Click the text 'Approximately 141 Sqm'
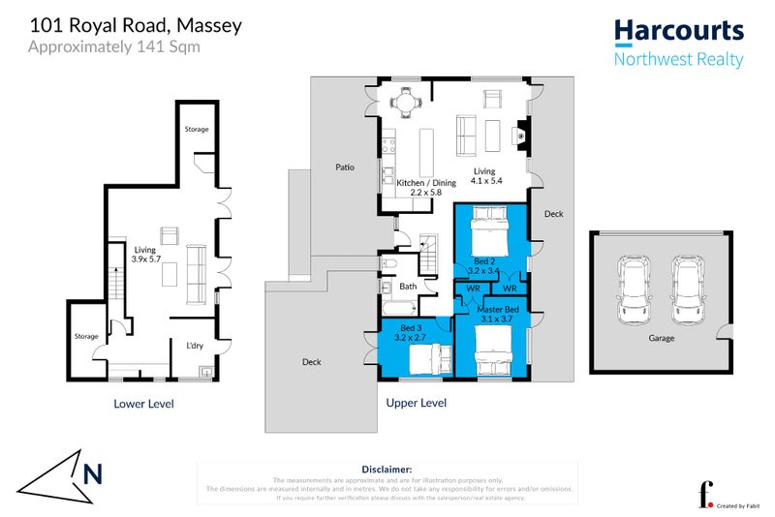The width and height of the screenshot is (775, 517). (114, 46)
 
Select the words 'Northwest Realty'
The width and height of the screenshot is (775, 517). (678, 59)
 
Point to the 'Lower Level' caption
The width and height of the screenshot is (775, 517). (143, 403)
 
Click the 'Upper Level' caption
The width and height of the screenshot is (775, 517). (416, 402)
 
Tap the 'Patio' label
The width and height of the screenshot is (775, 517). (345, 167)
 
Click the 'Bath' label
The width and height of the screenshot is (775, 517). (407, 286)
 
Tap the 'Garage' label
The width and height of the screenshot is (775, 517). (663, 338)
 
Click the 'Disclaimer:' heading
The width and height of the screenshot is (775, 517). (387, 468)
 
